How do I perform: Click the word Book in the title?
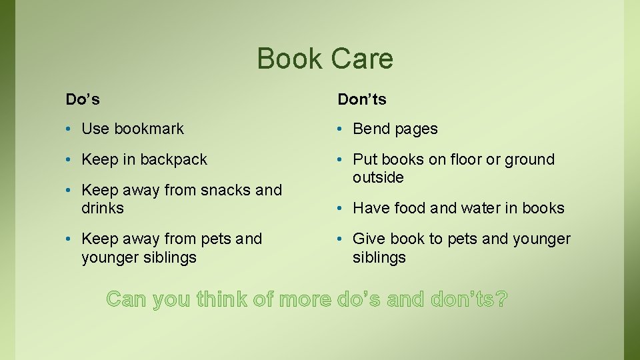[285, 59]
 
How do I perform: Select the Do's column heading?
[83, 99]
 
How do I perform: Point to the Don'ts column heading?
[362, 99]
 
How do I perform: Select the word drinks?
[103, 208]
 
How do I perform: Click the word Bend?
[371, 129]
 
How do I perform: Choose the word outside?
[378, 177]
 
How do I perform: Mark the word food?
[408, 208]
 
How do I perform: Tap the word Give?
[369, 239]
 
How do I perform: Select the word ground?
[529, 159]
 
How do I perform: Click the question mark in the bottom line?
[501, 299]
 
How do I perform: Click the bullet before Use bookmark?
[69, 129]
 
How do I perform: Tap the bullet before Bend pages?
[341, 129]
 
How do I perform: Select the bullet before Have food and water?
[341, 209]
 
